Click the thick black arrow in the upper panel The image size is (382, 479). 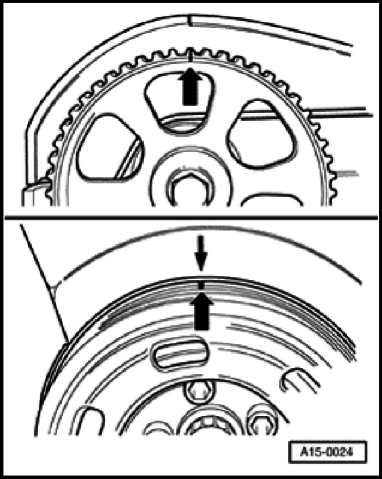pos(190,87)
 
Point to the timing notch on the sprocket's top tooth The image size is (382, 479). pos(190,55)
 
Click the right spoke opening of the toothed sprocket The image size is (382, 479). pos(260,134)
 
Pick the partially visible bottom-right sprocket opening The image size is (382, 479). pos(272,200)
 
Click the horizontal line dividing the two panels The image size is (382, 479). pos(191,218)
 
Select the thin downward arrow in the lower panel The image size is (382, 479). pos(201,253)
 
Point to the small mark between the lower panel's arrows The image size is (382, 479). pos(201,285)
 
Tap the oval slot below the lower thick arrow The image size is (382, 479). pos(180,354)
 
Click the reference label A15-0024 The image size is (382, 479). pos(327,452)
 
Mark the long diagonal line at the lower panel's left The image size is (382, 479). pos(44,283)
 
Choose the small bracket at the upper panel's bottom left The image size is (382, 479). pos(34,193)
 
